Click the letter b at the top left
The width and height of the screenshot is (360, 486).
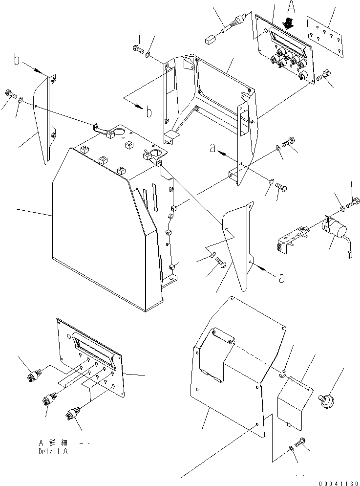[x=16, y=62]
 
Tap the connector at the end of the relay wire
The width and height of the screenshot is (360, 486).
[x=350, y=255]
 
